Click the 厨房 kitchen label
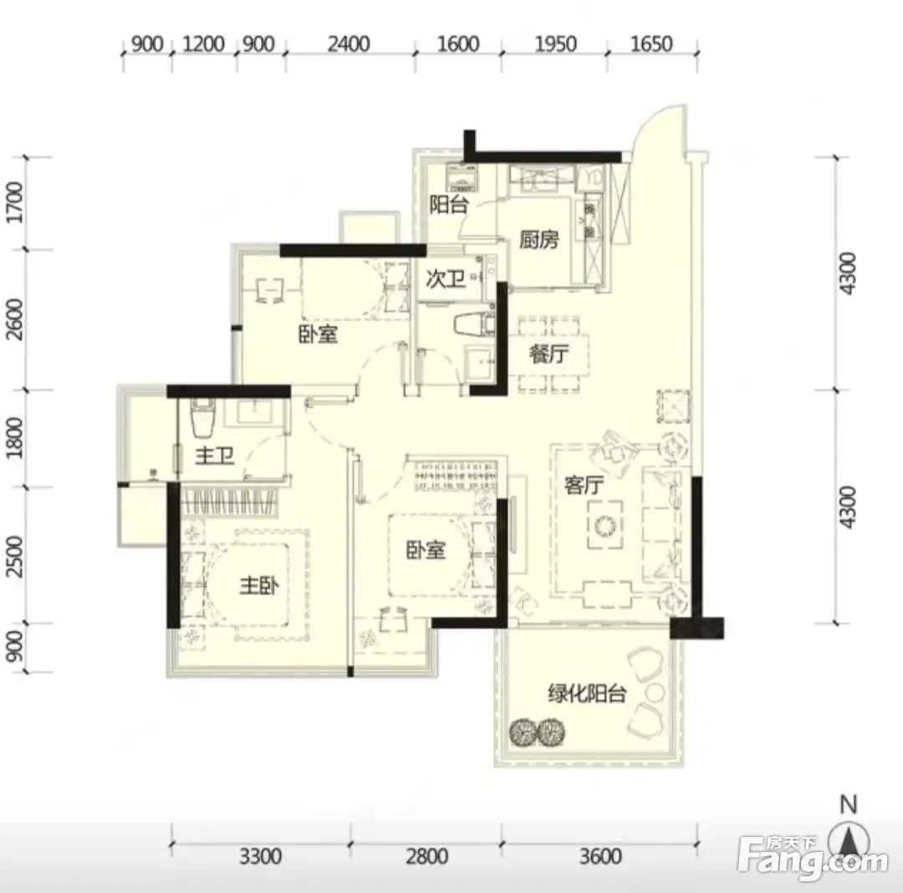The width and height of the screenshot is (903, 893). pyautogui.click(x=539, y=239)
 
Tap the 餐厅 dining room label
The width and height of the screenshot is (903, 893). pyautogui.click(x=549, y=354)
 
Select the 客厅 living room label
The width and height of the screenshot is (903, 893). pyautogui.click(x=584, y=485)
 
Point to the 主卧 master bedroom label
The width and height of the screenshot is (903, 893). pyautogui.click(x=259, y=585)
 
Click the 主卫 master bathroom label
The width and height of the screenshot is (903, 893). pyautogui.click(x=215, y=456)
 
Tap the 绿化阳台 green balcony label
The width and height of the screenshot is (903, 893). pyautogui.click(x=587, y=693)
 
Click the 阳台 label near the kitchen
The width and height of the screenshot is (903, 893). pyautogui.click(x=449, y=204)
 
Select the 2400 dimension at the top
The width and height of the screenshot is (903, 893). pyautogui.click(x=349, y=43)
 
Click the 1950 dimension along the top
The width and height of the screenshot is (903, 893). pyautogui.click(x=555, y=43)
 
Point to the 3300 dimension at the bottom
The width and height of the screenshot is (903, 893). pyautogui.click(x=260, y=856)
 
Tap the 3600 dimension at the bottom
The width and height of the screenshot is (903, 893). pyautogui.click(x=600, y=856)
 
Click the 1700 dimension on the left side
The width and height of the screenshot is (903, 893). pyautogui.click(x=15, y=202)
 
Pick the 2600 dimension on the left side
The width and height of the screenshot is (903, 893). pyautogui.click(x=15, y=319)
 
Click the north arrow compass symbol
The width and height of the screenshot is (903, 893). pyautogui.click(x=849, y=839)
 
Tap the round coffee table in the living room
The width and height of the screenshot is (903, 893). pyautogui.click(x=605, y=525)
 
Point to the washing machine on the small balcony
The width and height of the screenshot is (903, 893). pyautogui.click(x=463, y=177)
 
